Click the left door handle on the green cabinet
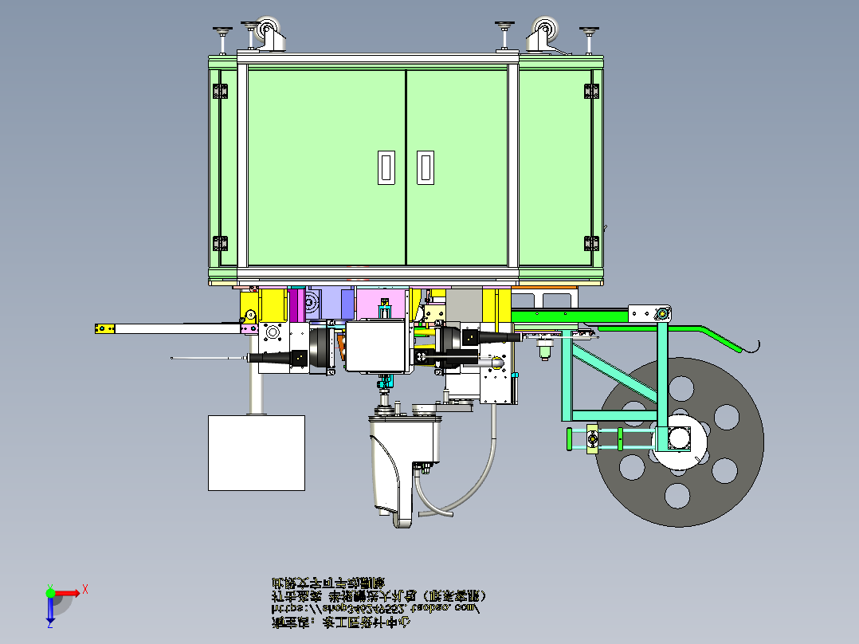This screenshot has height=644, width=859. click(386, 167)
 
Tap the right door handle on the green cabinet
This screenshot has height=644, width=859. click(426, 167)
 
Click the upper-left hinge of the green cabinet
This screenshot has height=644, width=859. click(216, 92)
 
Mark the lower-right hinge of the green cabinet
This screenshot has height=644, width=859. click(591, 242)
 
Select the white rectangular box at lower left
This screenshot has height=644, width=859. click(256, 452)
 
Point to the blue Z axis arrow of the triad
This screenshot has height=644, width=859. click(49, 611)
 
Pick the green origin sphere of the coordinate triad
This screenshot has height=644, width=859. click(49, 592)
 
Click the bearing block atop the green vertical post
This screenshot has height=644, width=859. click(660, 314)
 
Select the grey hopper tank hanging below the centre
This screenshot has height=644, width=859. click(401, 466)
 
